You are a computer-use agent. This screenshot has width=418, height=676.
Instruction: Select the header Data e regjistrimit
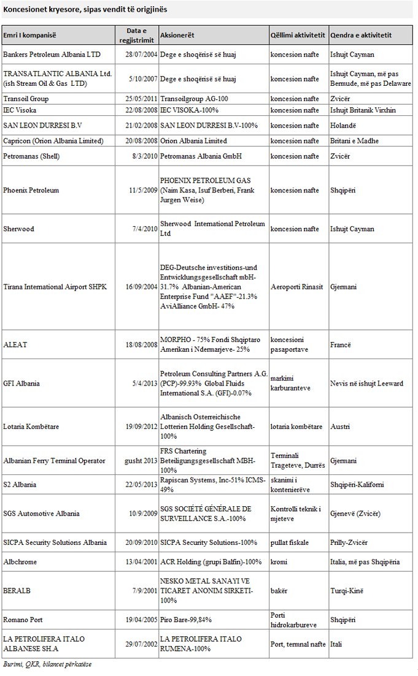[137, 35]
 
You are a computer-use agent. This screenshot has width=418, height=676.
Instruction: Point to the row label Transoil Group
[26, 99]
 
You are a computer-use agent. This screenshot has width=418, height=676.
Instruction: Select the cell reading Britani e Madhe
[354, 141]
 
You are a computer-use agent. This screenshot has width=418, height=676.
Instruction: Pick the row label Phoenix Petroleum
[31, 190]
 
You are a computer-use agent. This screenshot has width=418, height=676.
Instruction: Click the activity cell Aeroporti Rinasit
[296, 287]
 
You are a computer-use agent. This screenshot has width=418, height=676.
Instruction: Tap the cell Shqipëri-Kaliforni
[357, 485]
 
